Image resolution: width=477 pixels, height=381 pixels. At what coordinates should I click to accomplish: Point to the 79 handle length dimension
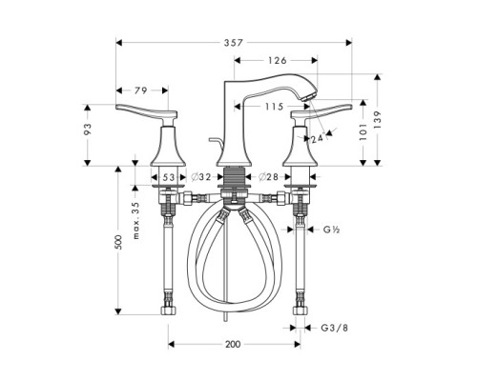click(x=140, y=91)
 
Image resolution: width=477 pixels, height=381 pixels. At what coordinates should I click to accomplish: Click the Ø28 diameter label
click(x=267, y=177)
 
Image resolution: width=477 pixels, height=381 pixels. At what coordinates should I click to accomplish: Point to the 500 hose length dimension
click(x=118, y=243)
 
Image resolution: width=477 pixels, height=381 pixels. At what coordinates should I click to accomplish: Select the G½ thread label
click(x=332, y=231)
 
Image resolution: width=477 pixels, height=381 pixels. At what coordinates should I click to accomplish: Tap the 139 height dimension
click(x=380, y=121)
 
